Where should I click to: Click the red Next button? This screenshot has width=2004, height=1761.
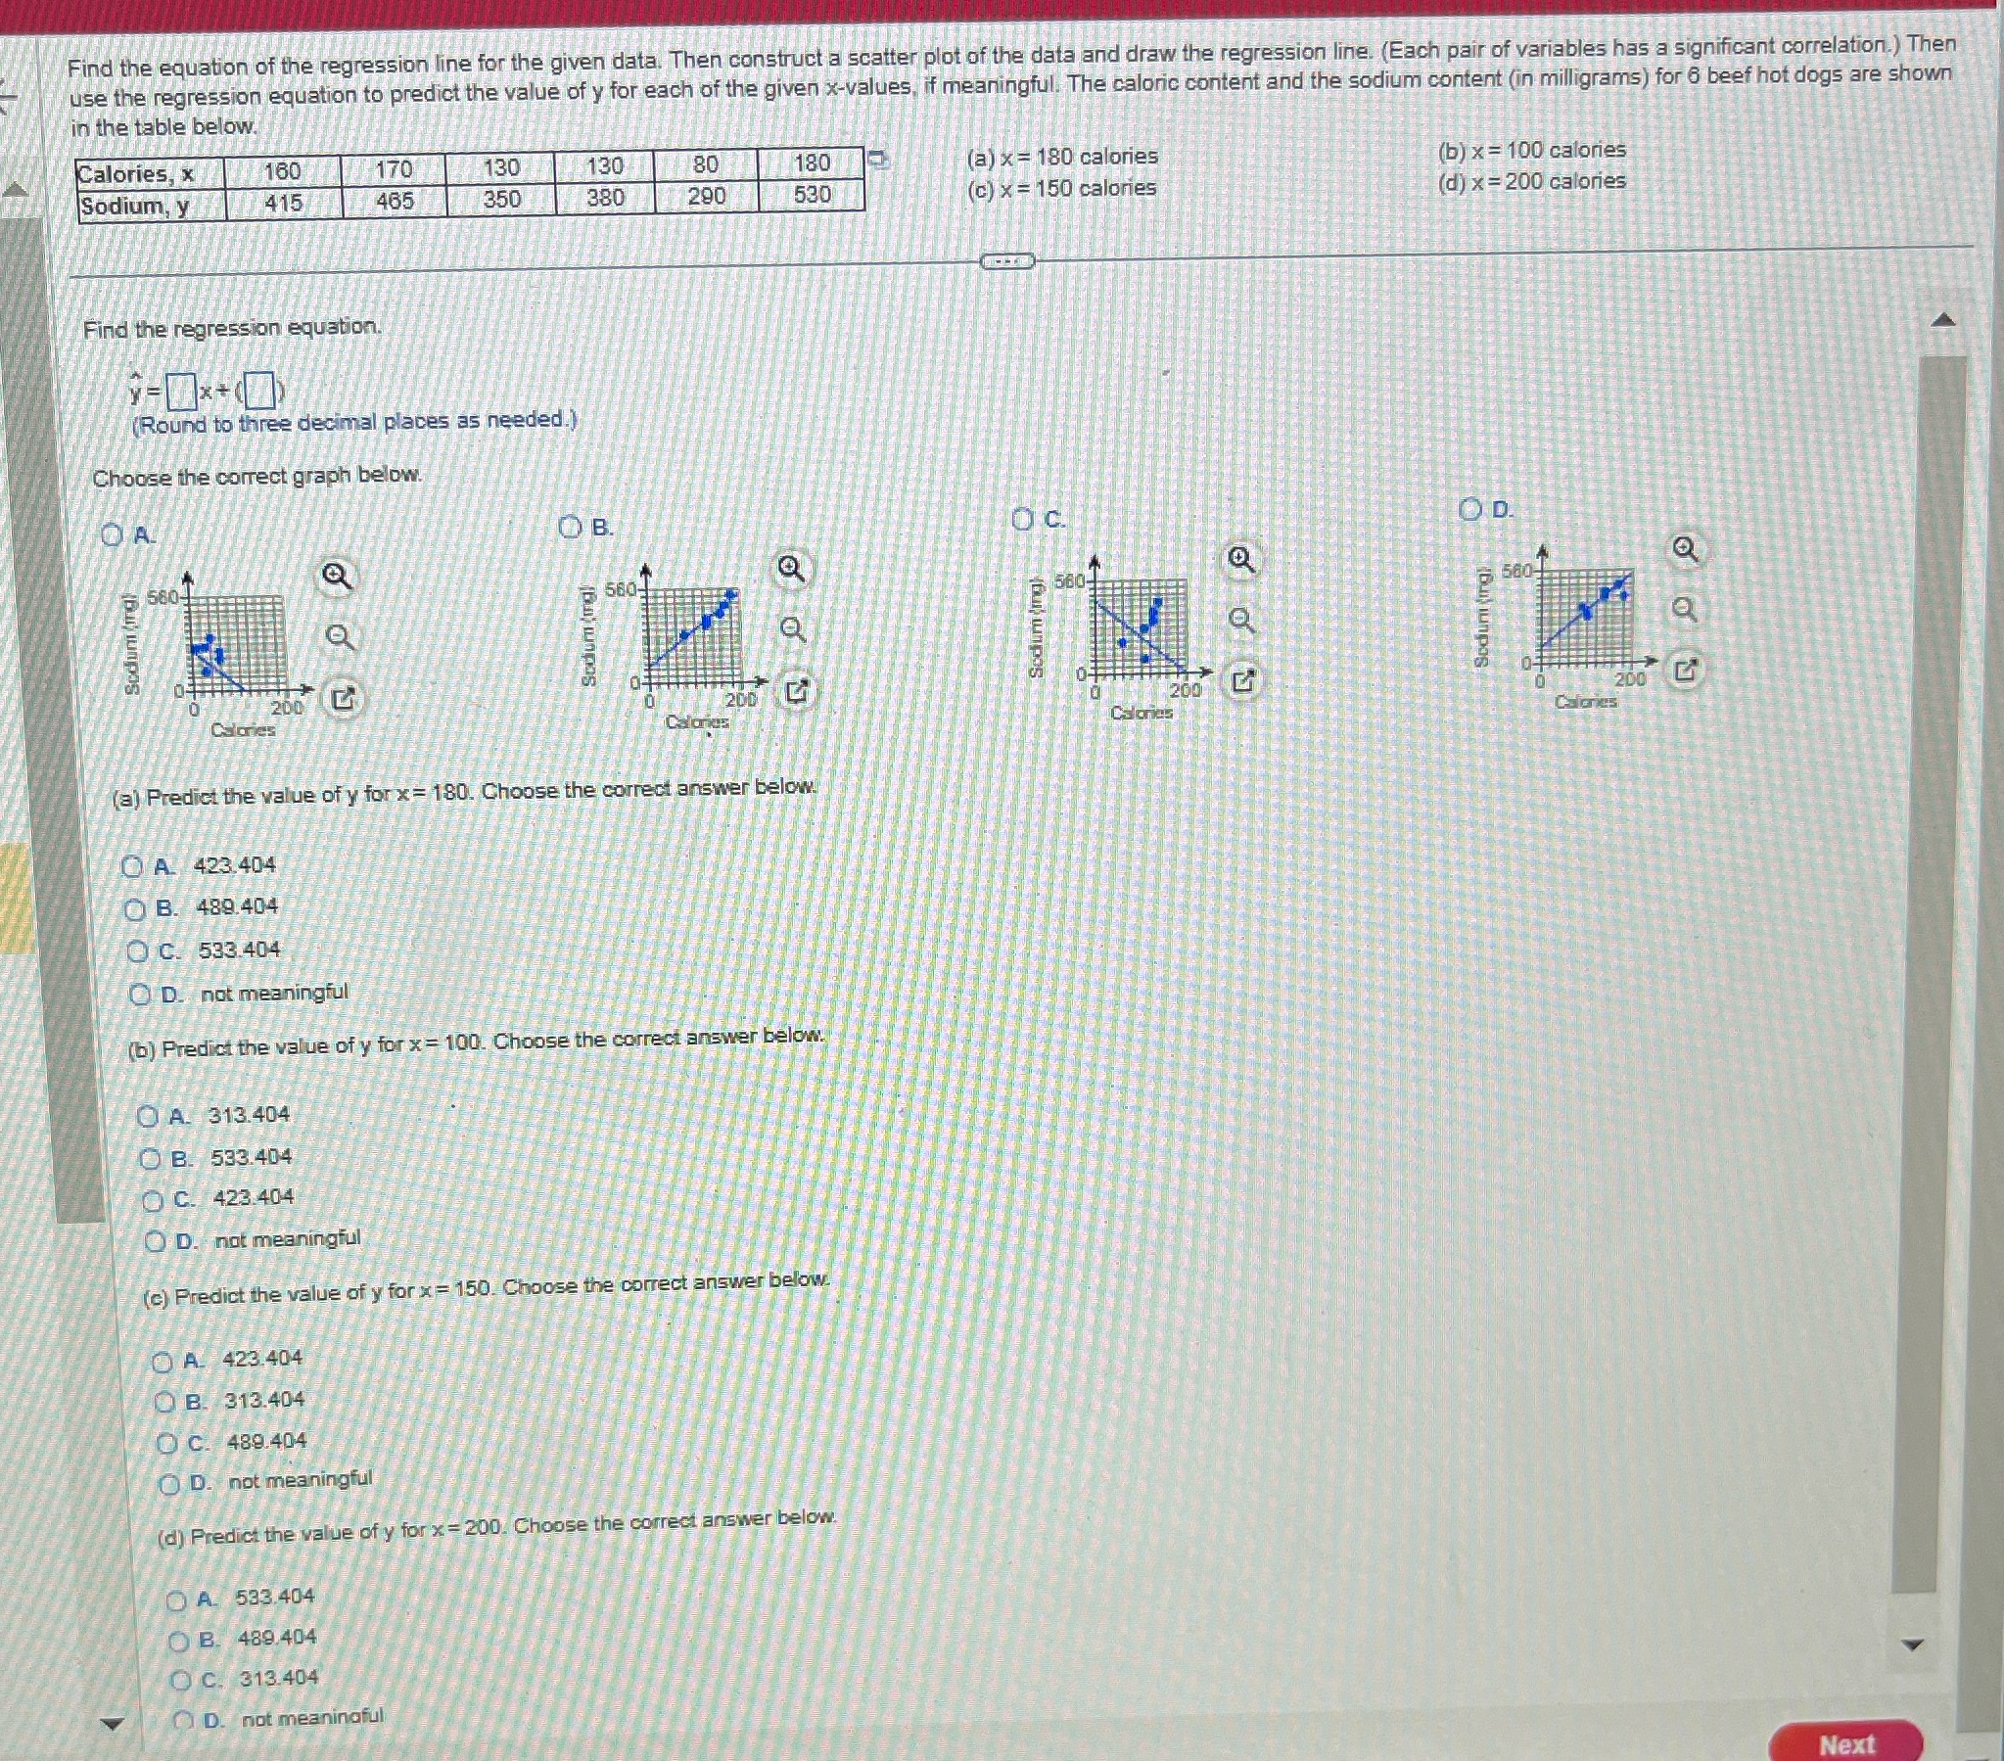point(1845,1743)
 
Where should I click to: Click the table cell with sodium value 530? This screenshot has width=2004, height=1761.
point(812,195)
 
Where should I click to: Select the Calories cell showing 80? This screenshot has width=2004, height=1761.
point(705,164)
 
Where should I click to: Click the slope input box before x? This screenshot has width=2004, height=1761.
point(180,394)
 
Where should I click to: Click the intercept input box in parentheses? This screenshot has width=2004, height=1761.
point(258,392)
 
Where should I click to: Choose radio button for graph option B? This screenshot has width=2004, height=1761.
point(570,528)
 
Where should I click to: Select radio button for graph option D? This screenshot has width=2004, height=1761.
point(1469,509)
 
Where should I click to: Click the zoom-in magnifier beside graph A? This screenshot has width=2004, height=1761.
point(337,577)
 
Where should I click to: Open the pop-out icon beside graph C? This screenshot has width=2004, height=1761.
point(1242,680)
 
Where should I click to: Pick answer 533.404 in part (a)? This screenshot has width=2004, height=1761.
point(139,951)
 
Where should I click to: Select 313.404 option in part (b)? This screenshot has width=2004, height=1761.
point(148,1116)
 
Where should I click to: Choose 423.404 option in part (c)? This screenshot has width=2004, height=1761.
point(163,1362)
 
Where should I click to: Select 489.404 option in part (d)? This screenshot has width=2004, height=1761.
point(180,1641)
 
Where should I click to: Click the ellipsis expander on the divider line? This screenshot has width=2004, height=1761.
point(1007,260)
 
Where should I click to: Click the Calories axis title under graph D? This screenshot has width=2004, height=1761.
point(1585,701)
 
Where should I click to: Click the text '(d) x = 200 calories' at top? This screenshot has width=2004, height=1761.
point(1531,181)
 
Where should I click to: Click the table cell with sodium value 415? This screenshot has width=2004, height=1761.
point(283,203)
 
